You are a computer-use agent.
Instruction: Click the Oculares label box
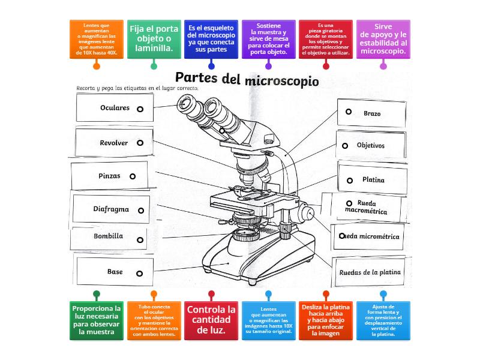115,108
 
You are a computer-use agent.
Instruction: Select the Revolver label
113,143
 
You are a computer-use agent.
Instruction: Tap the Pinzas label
109,176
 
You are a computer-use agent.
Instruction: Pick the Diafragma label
111,209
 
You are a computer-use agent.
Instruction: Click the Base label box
115,272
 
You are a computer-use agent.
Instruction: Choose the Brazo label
371,113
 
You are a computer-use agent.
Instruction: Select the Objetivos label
371,145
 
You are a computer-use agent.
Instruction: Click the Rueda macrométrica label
366,207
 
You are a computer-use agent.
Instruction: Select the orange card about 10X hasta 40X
97,39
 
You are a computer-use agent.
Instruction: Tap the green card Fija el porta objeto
154,39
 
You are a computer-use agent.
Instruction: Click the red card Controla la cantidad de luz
211,320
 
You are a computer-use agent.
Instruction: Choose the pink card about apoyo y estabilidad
383,39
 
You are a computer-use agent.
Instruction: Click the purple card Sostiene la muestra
268,39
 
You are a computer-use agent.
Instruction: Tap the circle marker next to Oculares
140,109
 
